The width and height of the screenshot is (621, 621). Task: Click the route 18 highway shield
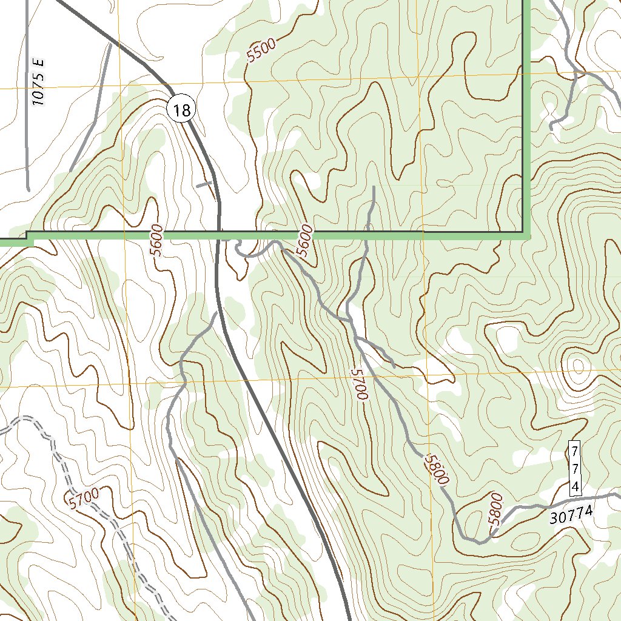181,110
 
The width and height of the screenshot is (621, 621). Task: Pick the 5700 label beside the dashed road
84,498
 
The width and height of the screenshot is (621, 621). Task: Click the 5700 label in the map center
359,383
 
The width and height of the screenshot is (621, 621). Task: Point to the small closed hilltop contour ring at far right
577,365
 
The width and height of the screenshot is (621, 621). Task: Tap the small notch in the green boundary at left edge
29,238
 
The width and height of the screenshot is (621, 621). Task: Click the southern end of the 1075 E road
29,188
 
